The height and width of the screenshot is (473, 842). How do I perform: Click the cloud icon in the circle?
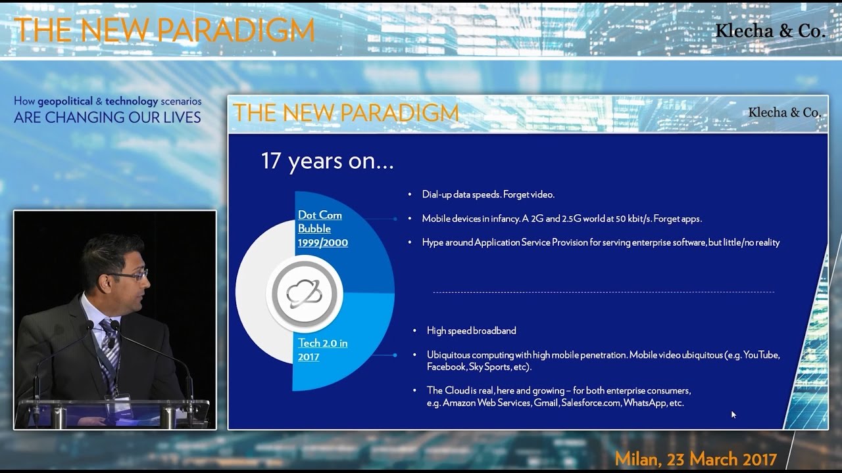pyautogui.click(x=305, y=293)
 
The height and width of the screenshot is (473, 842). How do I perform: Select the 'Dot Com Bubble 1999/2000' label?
pyautogui.click(x=322, y=229)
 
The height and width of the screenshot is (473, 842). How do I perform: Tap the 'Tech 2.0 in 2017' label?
pyautogui.click(x=323, y=349)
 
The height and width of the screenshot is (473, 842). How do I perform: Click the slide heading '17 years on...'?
pyautogui.click(x=327, y=161)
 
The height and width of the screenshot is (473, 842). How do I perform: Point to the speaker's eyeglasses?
pyautogui.click(x=131, y=275)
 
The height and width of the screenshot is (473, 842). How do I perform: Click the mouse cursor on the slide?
pyautogui.click(x=733, y=415)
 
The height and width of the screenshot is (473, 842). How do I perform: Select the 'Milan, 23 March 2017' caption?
pyautogui.click(x=696, y=458)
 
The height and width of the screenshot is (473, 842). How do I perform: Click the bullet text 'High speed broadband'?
pyautogui.click(x=471, y=330)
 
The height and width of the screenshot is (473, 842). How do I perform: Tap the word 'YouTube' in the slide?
pyautogui.click(x=761, y=355)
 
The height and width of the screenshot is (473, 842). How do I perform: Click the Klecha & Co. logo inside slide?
pyautogui.click(x=784, y=112)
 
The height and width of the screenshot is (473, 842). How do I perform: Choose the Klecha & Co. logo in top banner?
pyautogui.click(x=770, y=31)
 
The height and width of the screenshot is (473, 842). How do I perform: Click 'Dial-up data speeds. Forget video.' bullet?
pyautogui.click(x=488, y=194)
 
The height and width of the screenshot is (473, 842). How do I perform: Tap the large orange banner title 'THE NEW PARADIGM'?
pyautogui.click(x=164, y=30)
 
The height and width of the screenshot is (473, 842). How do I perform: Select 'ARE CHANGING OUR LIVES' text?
pyautogui.click(x=107, y=118)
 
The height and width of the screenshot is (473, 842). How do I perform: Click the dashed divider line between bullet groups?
pyautogui.click(x=603, y=292)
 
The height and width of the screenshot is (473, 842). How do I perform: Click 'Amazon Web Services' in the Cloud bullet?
pyautogui.click(x=487, y=403)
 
